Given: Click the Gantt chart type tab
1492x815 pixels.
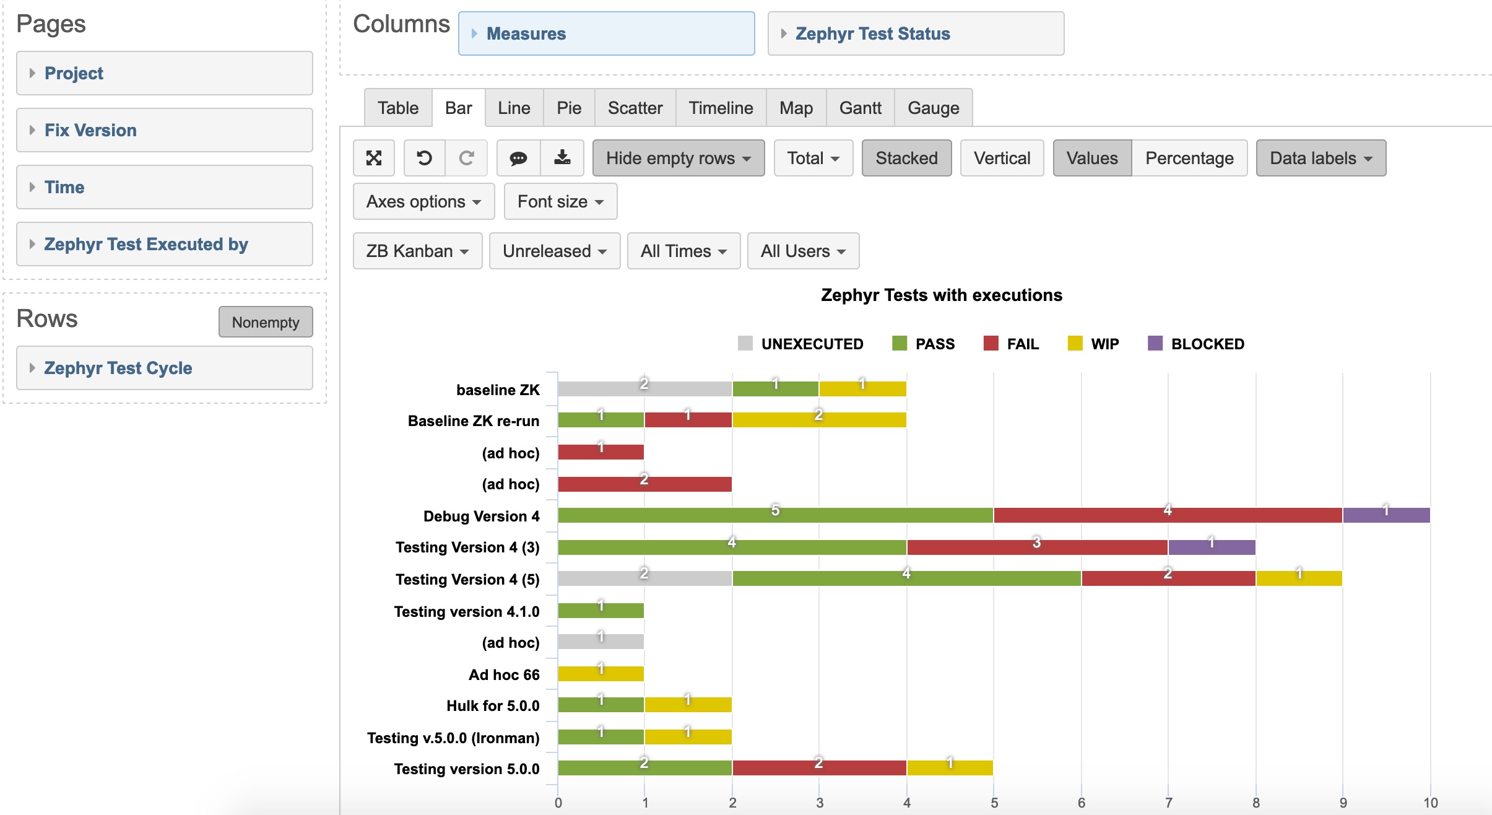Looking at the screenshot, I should [x=860, y=108].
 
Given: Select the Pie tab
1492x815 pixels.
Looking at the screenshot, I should [x=568, y=108].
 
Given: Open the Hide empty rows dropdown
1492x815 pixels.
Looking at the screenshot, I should [x=678, y=159].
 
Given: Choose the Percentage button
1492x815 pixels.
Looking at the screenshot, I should [x=1189, y=159].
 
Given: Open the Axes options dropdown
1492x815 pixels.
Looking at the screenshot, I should [x=423, y=202].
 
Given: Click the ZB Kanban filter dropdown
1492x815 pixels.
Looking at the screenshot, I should [x=417, y=251].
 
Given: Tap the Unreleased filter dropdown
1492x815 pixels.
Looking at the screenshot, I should [x=554, y=251].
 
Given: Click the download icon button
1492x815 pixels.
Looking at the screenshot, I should [x=562, y=159].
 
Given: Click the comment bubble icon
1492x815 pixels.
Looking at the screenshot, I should [x=518, y=159].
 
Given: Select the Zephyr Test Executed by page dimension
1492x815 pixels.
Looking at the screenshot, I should [x=146, y=244].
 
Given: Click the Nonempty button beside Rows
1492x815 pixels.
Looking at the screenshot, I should [x=266, y=322].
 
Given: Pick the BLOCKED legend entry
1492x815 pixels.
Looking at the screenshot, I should [x=1196, y=344].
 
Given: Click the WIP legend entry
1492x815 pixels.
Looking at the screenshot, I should [x=1094, y=344].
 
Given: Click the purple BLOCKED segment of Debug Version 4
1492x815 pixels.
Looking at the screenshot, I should [x=1386, y=515].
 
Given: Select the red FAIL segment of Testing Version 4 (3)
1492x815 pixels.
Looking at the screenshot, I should [x=1037, y=547].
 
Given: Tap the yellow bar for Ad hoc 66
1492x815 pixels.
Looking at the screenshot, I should [x=601, y=674].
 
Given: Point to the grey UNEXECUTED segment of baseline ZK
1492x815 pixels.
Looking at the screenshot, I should [x=644, y=389].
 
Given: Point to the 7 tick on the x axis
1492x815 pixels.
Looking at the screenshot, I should [x=1169, y=803].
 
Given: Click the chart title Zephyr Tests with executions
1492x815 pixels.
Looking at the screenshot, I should [x=941, y=295].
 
